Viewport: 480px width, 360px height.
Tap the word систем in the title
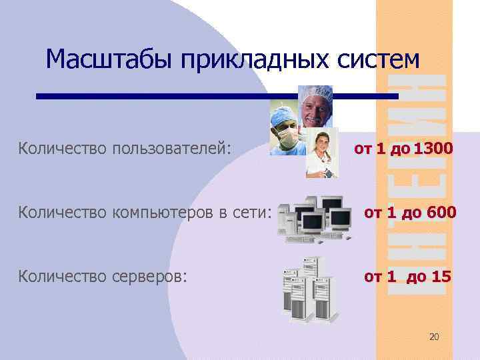381,60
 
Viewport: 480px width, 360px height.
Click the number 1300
433,147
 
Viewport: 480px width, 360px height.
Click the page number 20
434,337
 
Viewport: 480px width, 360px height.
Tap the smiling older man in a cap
315,107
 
